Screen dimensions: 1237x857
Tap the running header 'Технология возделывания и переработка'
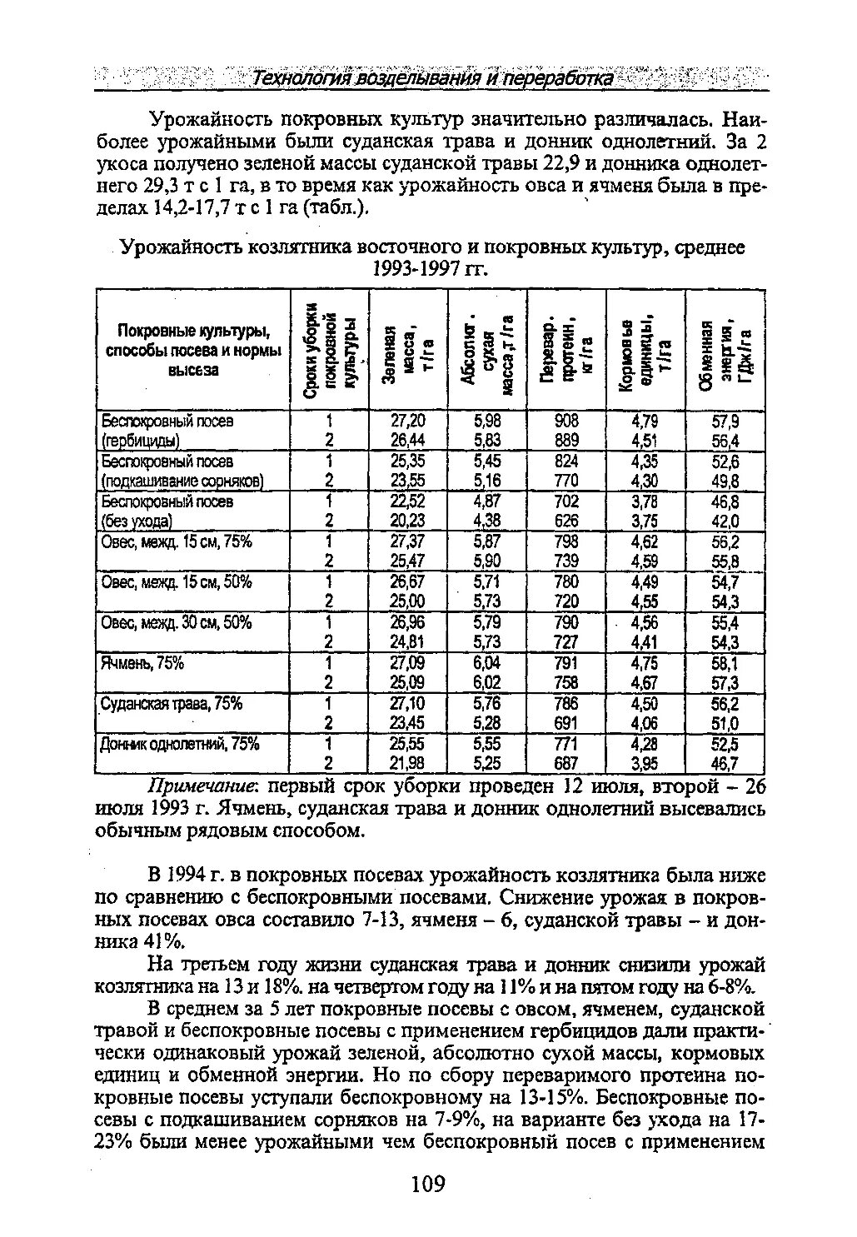pyautogui.click(x=433, y=78)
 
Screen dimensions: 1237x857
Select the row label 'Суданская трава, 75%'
pyautogui.click(x=171, y=704)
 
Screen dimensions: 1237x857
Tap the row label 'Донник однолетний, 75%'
pyautogui.click(x=180, y=744)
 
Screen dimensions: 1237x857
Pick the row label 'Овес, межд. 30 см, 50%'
pyautogui.click(x=176, y=623)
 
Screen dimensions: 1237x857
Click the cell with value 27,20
pyautogui.click(x=407, y=421)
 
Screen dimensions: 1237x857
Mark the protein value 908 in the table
pyautogui.click(x=566, y=421)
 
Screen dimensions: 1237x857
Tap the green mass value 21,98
pyautogui.click(x=407, y=763)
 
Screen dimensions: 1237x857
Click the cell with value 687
pyautogui.click(x=566, y=763)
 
